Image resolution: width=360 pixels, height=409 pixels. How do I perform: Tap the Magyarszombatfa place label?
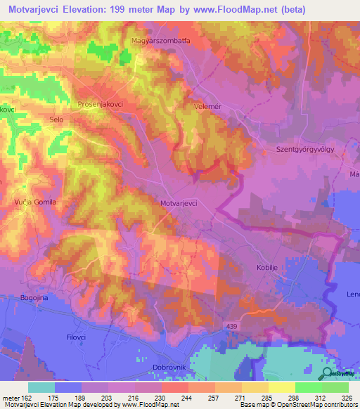(x=161, y=41)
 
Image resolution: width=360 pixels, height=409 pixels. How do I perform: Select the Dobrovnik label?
(x=168, y=367)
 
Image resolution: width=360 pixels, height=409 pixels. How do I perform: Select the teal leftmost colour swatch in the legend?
(x=41, y=387)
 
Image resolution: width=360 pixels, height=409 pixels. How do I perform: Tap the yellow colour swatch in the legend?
(x=281, y=387)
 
